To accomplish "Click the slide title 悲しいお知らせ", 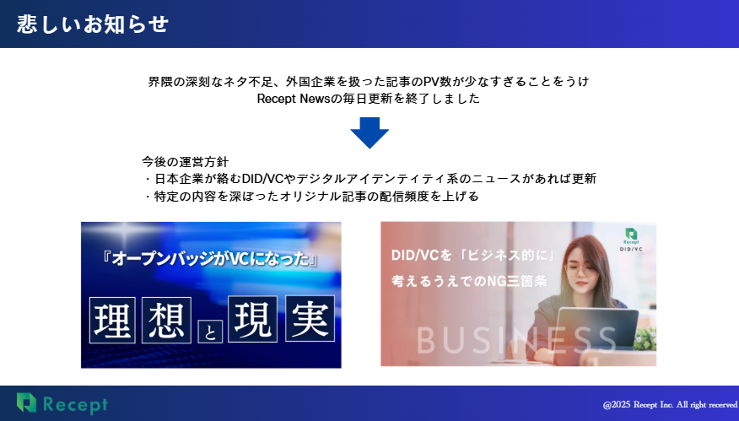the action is [x=93, y=24].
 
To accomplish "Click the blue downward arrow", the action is [x=369, y=132].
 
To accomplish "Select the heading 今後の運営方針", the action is [x=185, y=162].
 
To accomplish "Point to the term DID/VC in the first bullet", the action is [x=263, y=179].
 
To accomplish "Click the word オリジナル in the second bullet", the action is [x=310, y=196].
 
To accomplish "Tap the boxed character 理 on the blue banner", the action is [x=112, y=320].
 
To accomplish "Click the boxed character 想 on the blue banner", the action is [x=166, y=320].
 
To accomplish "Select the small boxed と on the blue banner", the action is [x=210, y=332].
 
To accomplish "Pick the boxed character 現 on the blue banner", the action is [x=252, y=319].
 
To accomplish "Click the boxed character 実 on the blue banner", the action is [x=310, y=318].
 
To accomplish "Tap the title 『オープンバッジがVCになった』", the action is [x=210, y=259].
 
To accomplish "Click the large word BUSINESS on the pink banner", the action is [x=516, y=340].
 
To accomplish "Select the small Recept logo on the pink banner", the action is [x=631, y=239].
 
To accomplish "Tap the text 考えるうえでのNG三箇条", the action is [x=469, y=282].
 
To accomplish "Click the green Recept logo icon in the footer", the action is [x=26, y=402].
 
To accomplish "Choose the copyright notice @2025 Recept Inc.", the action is [x=670, y=405].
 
